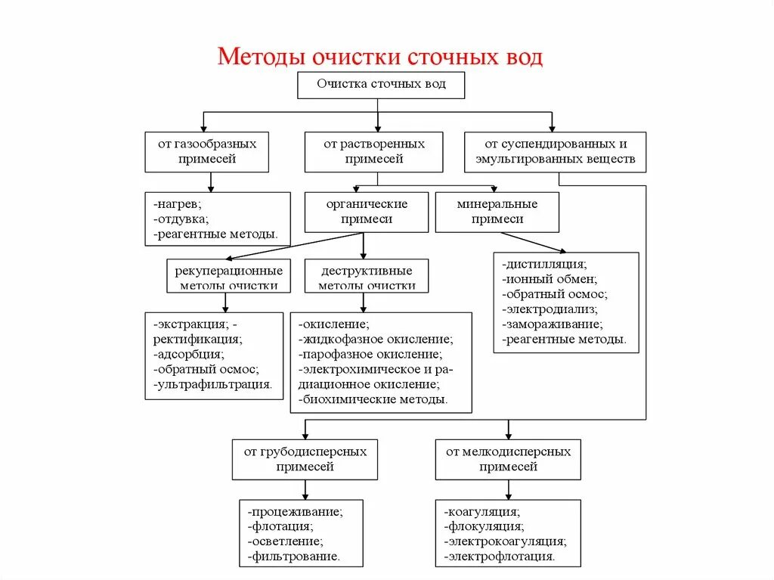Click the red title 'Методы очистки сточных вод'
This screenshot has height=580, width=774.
tap(380, 57)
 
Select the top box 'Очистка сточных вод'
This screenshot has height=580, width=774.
tap(380, 85)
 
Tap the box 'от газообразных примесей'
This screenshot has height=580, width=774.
tap(206, 151)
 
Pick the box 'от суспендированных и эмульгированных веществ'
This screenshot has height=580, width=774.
tap(555, 151)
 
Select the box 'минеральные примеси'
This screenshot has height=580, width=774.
tap(497, 212)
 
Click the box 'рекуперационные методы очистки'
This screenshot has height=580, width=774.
tap(228, 276)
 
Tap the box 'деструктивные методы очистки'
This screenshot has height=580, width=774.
tap(367, 276)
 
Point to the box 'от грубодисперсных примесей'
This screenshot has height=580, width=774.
tap(305, 459)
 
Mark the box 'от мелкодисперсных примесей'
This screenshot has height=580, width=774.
tap(508, 459)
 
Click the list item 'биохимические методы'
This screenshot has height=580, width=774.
tap(373, 399)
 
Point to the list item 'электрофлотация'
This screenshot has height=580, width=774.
tap(500, 557)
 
